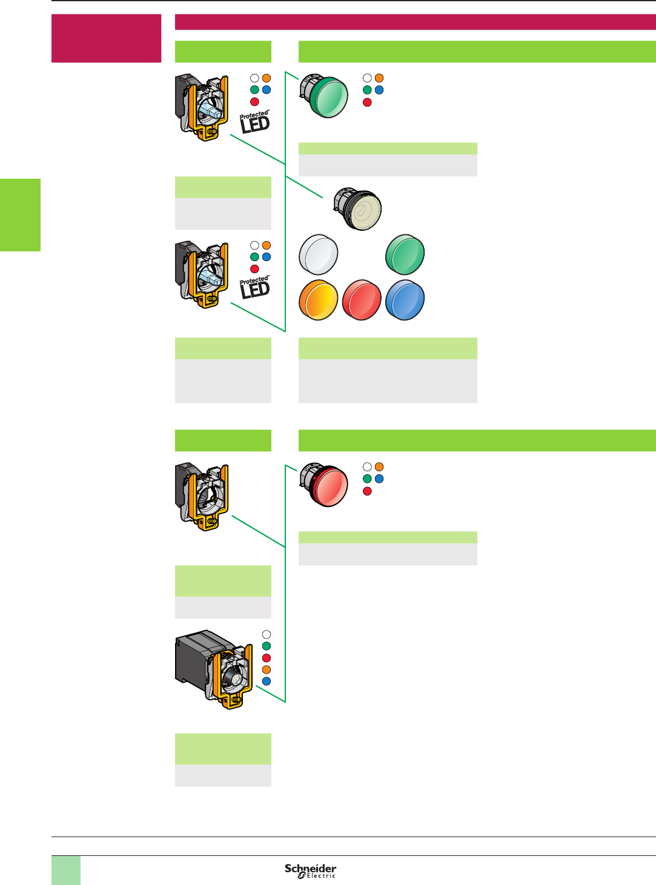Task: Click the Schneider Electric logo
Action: [x=310, y=870]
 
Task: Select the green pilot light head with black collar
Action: [x=325, y=95]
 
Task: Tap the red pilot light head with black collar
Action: [x=325, y=484]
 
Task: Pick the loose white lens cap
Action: [x=318, y=254]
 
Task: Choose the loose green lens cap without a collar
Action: [x=405, y=254]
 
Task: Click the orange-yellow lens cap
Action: [x=318, y=300]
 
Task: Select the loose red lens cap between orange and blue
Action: [x=362, y=300]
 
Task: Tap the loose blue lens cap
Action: [x=405, y=300]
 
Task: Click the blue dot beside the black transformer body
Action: [x=266, y=681]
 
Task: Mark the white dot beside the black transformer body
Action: [x=266, y=634]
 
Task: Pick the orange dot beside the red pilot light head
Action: [x=379, y=467]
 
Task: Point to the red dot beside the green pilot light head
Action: [x=367, y=102]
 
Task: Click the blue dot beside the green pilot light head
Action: [x=379, y=90]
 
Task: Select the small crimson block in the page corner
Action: [x=106, y=38]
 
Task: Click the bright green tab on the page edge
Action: [x=20, y=214]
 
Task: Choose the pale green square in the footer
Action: [x=65, y=870]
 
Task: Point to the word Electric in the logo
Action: [x=320, y=876]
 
